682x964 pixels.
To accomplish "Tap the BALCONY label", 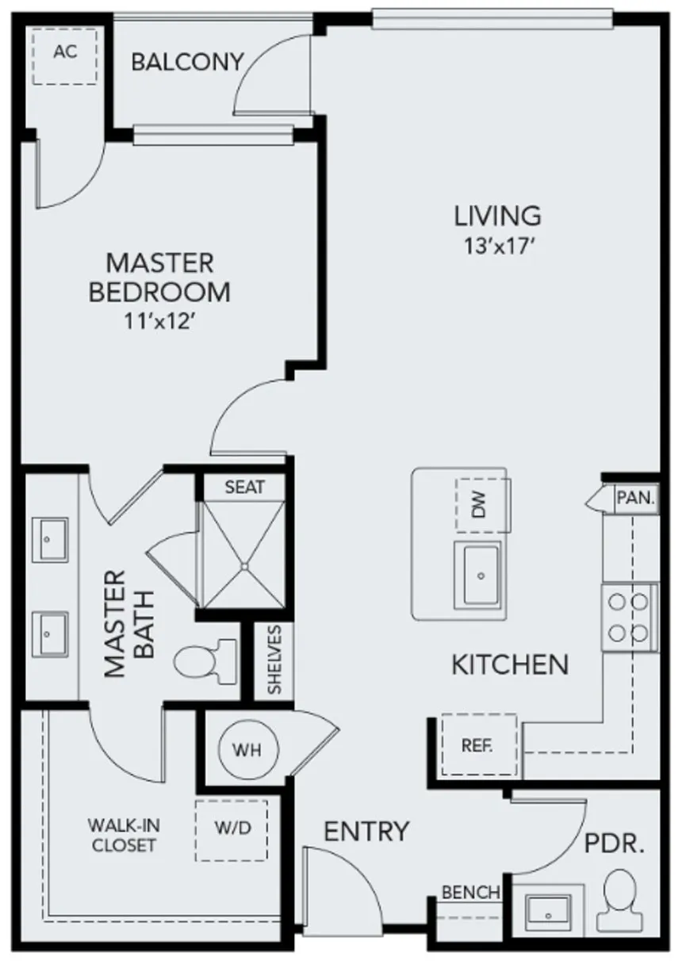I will (187, 63).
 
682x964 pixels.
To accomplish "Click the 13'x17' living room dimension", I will (496, 246).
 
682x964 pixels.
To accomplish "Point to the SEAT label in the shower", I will (244, 487).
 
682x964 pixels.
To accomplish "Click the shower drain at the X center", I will (245, 566).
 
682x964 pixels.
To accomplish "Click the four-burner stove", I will (628, 617).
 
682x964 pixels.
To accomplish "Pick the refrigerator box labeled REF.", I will (478, 745).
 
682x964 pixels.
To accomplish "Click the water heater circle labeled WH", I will (245, 748).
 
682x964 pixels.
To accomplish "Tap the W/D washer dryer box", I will (232, 829).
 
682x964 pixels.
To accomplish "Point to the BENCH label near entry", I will (471, 893).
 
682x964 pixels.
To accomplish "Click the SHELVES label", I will (274, 660).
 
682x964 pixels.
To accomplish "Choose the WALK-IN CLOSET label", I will (123, 836).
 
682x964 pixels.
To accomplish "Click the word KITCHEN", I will (510, 664).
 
